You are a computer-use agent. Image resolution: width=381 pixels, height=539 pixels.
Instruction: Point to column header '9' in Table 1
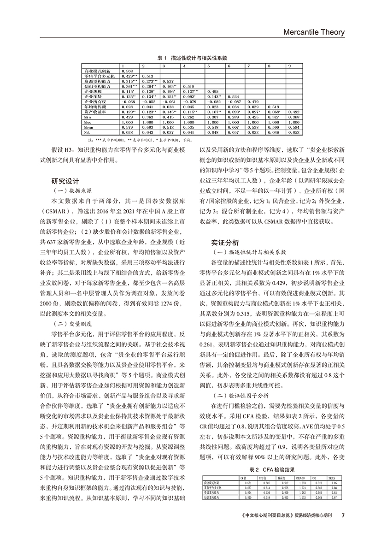pyautogui.click(x=289, y=66)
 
